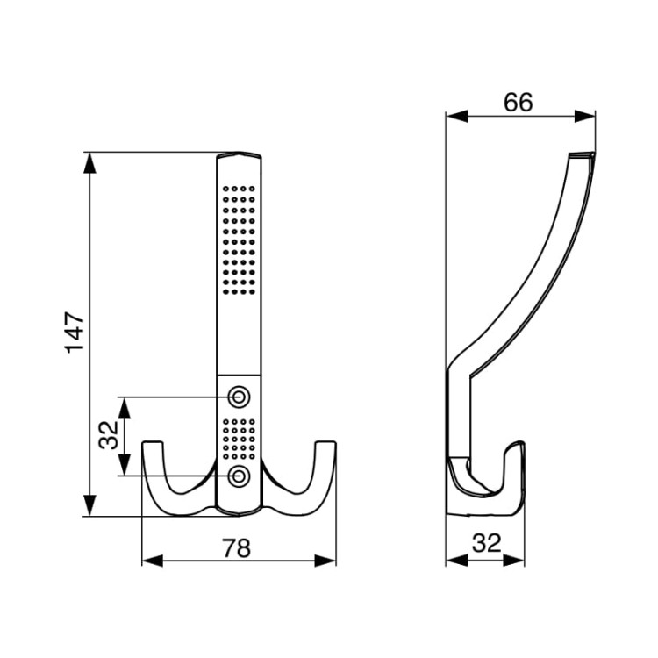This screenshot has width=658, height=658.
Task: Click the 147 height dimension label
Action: (x=75, y=332)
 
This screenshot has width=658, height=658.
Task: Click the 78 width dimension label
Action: (x=237, y=547)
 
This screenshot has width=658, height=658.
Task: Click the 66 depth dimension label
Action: (x=519, y=102)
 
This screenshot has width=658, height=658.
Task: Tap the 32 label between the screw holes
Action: (x=109, y=435)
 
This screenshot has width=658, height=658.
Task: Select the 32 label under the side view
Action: (x=487, y=543)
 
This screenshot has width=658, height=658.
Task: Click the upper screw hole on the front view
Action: (x=239, y=397)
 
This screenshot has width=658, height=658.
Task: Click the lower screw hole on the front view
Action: (x=239, y=476)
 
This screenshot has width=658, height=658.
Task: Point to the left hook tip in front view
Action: (x=153, y=442)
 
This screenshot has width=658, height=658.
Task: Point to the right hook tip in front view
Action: (x=325, y=442)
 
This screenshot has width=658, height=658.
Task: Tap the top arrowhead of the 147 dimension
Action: (x=89, y=163)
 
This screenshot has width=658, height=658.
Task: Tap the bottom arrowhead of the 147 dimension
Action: (x=89, y=505)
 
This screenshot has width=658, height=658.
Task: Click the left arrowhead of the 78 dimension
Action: (x=153, y=561)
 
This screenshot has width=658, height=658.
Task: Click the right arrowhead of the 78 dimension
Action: (x=325, y=561)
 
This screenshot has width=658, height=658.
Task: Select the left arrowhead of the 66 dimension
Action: (x=457, y=116)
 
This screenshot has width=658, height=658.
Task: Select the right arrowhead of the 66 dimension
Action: (x=584, y=116)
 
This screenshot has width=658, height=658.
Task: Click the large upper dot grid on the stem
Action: (x=239, y=240)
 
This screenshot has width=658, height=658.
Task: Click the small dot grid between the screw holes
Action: (x=239, y=439)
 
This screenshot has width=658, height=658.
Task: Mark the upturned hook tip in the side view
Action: (x=519, y=444)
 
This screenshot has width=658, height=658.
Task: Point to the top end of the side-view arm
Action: (x=582, y=154)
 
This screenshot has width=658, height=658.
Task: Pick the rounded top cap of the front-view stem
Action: (x=240, y=154)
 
